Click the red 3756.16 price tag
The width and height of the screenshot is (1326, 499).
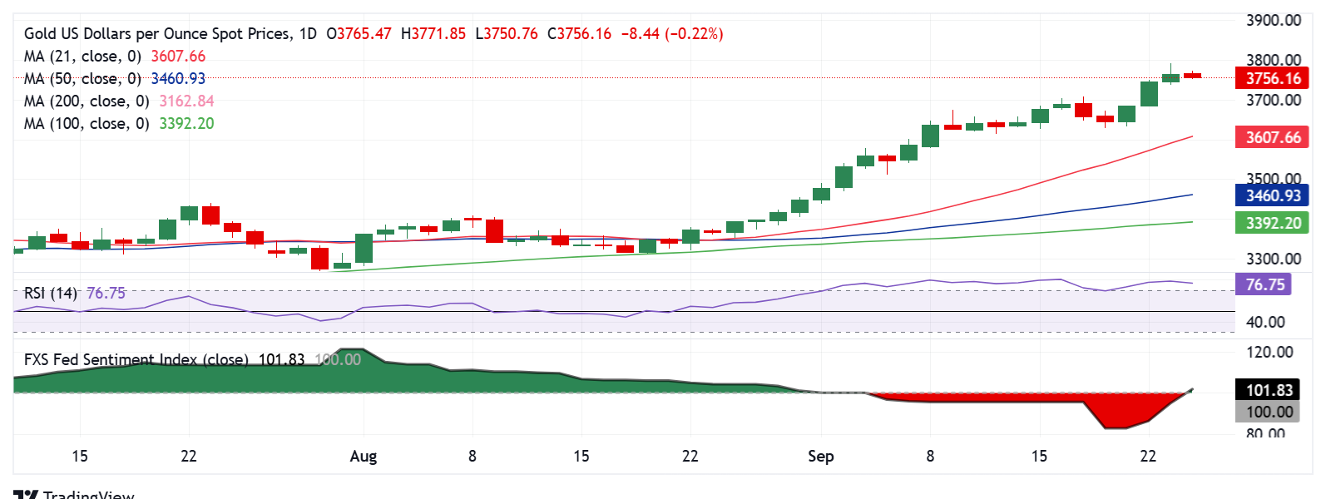(x=1272, y=79)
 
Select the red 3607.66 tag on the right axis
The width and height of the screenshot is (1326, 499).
(x=1272, y=137)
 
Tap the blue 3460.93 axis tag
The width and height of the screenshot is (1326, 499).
(x=1272, y=196)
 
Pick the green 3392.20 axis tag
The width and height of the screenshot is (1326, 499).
(x=1272, y=223)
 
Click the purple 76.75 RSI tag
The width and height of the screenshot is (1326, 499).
(x=1264, y=284)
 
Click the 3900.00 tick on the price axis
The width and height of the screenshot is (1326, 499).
(x=1273, y=21)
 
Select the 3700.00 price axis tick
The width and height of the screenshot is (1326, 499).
(x=1273, y=101)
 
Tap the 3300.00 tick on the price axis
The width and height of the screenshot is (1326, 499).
(x=1273, y=259)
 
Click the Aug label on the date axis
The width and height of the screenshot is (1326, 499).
(x=364, y=457)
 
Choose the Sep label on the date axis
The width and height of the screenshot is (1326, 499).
(x=821, y=457)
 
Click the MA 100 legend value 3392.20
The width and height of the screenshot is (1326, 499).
(x=186, y=124)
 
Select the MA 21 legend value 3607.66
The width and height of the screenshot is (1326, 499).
(x=178, y=57)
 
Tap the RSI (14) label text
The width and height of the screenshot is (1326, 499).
(x=50, y=294)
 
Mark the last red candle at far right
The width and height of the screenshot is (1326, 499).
(x=1193, y=75)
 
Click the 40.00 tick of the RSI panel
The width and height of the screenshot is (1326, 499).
(x=1265, y=323)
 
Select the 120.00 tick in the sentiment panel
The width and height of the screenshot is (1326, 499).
(x=1269, y=353)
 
